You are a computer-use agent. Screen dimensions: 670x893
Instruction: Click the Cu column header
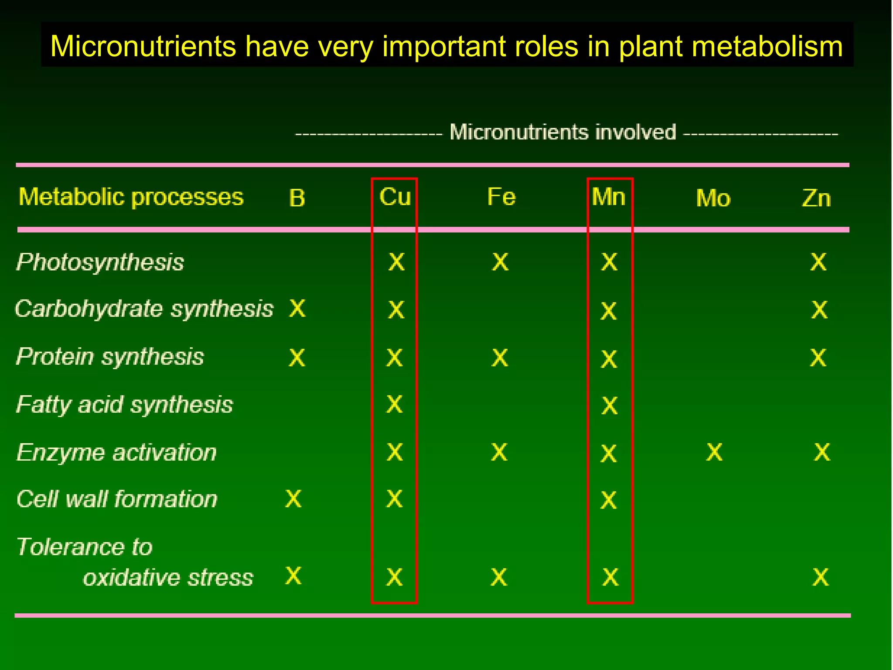point(395,197)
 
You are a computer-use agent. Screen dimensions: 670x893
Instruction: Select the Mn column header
point(609,197)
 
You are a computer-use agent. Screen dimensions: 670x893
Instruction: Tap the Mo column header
point(713,198)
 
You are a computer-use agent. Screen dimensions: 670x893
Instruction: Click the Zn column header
point(816,198)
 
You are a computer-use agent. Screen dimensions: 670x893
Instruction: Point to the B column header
point(297,198)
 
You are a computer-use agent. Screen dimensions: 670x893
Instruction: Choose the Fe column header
point(501,197)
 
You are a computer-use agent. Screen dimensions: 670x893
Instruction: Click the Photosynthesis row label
point(100,263)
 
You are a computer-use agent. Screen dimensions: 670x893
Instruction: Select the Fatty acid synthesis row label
point(125,405)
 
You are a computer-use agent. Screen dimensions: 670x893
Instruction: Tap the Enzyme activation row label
point(116,452)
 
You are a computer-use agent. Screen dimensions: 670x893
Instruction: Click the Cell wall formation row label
point(117,499)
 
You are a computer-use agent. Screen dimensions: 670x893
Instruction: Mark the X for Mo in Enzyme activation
point(714,452)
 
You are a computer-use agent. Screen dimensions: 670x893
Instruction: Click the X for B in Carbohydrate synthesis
point(297,309)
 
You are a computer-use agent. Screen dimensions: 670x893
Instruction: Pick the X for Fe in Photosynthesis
point(500,262)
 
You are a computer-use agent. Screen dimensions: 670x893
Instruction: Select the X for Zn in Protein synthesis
point(818,358)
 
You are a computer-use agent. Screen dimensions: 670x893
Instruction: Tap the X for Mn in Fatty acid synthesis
point(609,406)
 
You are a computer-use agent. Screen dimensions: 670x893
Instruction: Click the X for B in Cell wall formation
point(293,499)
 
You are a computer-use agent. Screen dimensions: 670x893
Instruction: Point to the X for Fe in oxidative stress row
point(499,577)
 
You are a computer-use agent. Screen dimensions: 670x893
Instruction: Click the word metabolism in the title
point(767,46)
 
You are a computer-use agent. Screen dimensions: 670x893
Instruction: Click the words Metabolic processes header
point(131,197)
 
